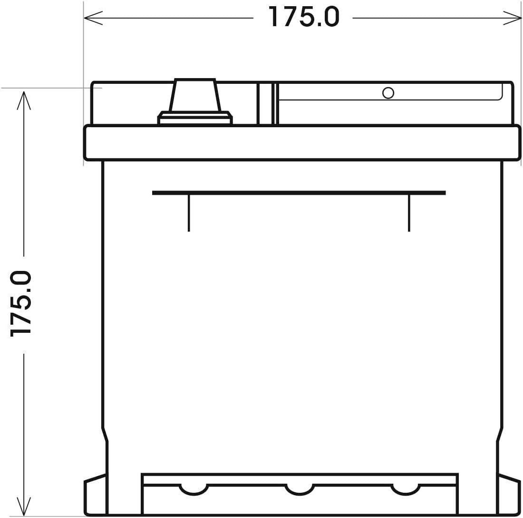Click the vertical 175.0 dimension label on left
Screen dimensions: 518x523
21,304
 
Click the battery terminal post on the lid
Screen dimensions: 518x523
195,95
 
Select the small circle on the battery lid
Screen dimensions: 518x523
388,93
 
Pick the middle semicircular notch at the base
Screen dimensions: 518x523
300,489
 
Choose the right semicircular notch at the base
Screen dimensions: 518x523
406,489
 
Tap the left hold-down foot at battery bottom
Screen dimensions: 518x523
95,495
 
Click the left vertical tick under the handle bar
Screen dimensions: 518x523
189,213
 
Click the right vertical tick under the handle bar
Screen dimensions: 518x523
409,213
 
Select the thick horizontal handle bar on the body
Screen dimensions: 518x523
299,193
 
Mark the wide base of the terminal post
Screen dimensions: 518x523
195,118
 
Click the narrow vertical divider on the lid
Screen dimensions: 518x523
266,104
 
